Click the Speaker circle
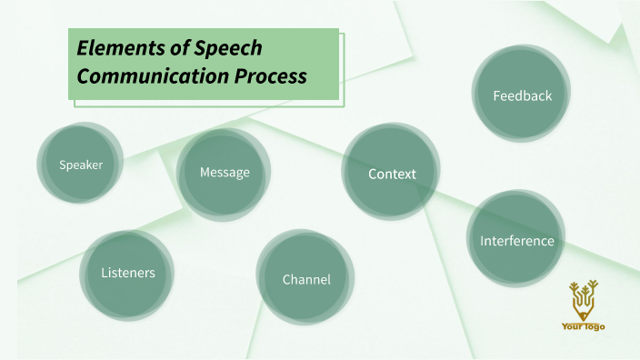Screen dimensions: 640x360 click(x=81, y=164)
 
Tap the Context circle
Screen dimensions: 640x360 click(x=392, y=173)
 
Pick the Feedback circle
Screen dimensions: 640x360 click(x=522, y=95)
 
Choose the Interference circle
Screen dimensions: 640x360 click(x=516, y=240)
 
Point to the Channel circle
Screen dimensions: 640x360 click(x=306, y=278)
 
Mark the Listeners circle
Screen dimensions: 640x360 click(x=128, y=272)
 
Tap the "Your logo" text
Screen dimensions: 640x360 click(x=583, y=326)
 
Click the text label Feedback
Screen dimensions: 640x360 click(x=522, y=95)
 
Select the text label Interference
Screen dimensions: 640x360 click(x=516, y=241)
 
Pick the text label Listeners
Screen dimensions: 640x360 click(x=128, y=273)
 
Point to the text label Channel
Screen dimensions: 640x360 click(x=306, y=279)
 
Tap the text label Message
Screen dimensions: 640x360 click(x=225, y=172)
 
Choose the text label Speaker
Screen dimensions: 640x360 click(x=81, y=165)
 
